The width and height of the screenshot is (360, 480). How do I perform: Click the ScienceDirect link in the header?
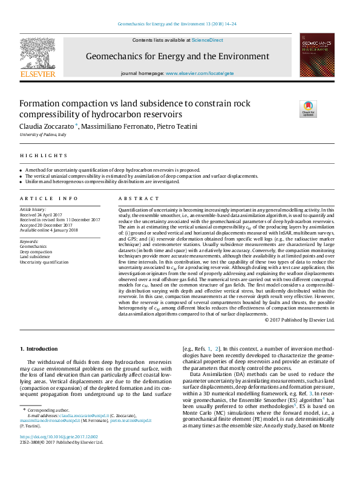208,40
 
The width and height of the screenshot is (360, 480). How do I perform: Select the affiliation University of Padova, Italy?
43,134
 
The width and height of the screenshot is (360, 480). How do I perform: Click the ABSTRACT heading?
134,198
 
